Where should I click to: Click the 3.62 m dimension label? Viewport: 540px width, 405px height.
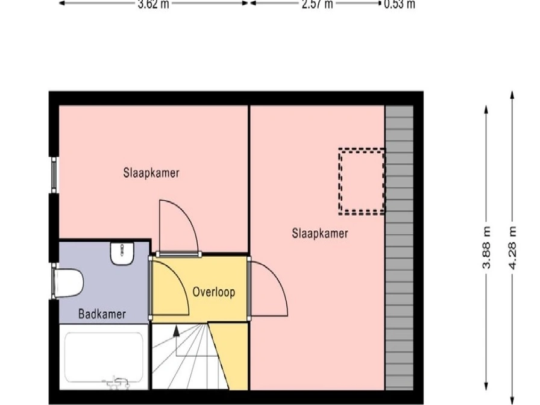coord(153,4)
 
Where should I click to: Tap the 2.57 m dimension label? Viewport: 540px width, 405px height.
coord(317,4)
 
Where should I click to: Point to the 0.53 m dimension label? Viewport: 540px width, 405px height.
coord(400,4)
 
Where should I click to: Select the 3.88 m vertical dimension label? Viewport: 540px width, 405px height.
coord(486,247)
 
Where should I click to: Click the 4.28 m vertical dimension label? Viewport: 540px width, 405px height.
coord(512,247)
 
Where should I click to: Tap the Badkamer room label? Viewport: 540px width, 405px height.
coord(102,314)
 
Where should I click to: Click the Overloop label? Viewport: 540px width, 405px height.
coord(214,292)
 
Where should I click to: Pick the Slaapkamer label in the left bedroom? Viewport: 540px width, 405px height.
coord(151,172)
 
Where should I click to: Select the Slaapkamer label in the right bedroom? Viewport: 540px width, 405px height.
coord(320,233)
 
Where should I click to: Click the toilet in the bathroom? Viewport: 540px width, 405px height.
coord(68,283)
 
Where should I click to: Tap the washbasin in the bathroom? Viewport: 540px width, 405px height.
coord(122,254)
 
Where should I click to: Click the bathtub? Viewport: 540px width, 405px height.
coord(104,357)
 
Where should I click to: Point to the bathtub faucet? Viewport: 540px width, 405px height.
coord(116,383)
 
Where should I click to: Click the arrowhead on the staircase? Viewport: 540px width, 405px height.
coord(177,331)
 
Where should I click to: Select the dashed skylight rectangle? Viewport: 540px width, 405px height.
coord(362,181)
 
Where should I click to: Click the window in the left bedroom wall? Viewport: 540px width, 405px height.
coord(54,175)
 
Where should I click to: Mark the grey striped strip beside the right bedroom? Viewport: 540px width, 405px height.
coord(399,248)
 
